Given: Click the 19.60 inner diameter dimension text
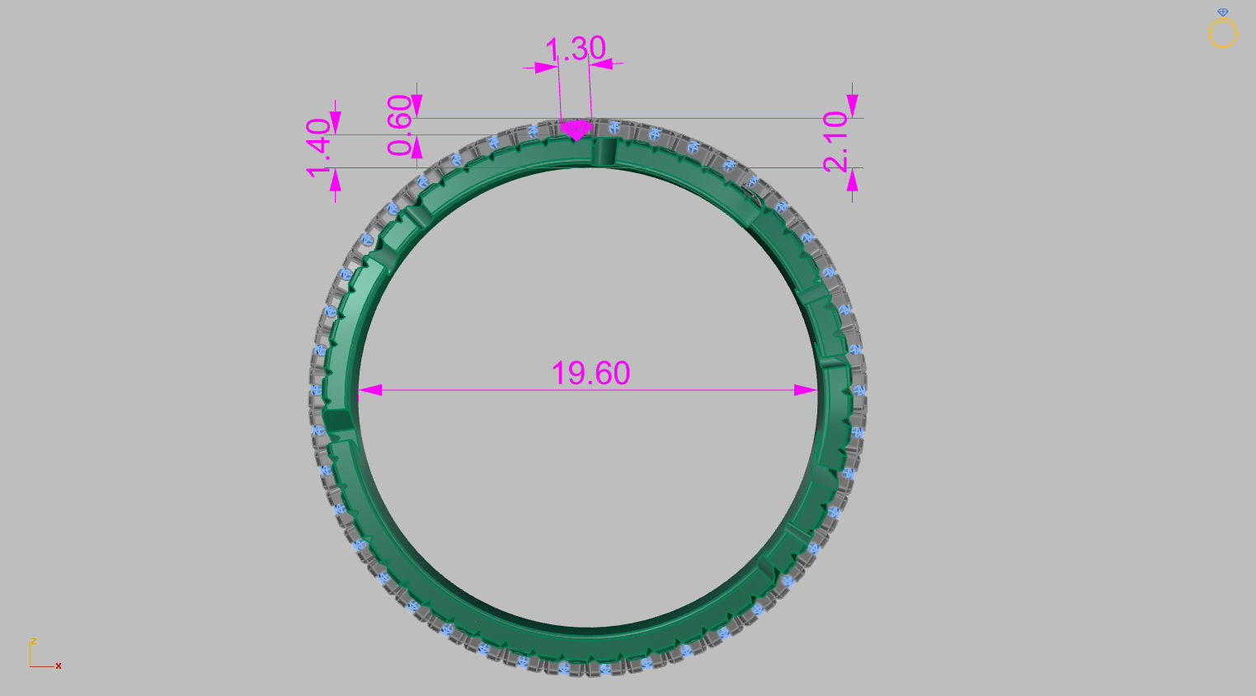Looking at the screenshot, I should coord(590,374).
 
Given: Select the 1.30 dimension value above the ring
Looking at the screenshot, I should coord(576,49).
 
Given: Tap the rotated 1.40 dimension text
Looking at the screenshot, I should coord(318,148).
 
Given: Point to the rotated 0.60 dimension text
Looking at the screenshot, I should coord(400,125).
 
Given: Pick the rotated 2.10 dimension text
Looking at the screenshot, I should coord(835,141).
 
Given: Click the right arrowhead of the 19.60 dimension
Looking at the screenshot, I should coord(805,390).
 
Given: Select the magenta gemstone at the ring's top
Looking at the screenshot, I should coord(576,130).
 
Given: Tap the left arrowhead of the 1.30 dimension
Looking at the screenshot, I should coord(546,68).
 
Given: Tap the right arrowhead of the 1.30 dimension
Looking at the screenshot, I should coord(601,63).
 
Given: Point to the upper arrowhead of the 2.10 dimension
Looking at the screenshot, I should coord(852,106).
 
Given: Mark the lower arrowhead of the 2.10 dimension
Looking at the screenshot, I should coord(852,181).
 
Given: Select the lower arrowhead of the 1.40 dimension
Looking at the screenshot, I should coord(335,181).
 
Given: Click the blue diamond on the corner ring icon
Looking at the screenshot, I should coord(1223,12).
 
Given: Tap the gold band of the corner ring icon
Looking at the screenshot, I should coord(1223,35).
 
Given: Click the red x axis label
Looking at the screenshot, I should coord(59,665).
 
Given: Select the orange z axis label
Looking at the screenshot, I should coord(33,641).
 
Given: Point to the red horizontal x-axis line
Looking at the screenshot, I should coord(42,666).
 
